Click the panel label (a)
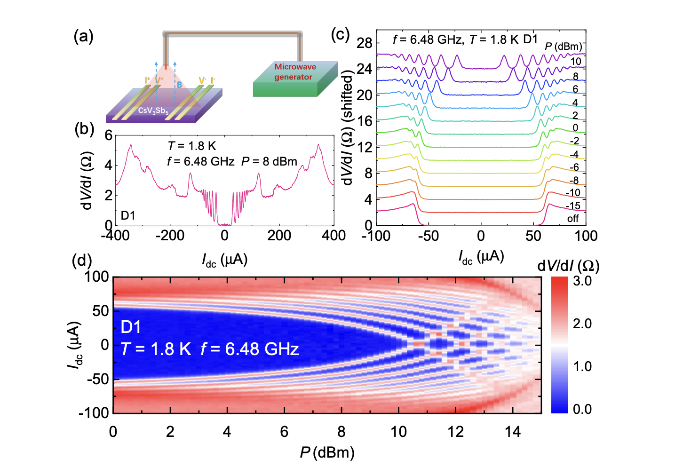click(x=83, y=36)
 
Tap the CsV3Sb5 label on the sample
click(x=153, y=111)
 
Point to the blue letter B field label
click(x=179, y=85)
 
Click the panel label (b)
click(x=84, y=129)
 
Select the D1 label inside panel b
click(x=128, y=215)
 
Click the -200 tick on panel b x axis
click(x=170, y=235)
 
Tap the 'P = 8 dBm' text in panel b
click(x=269, y=162)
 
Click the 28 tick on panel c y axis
click(x=365, y=43)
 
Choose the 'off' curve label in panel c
click(x=572, y=219)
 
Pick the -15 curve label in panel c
click(x=572, y=206)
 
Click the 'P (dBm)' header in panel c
click(x=563, y=46)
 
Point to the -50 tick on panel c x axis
click(x=428, y=236)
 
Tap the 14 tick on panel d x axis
click(x=513, y=431)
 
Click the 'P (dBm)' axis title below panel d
click(x=327, y=452)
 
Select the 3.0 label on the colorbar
click(x=582, y=281)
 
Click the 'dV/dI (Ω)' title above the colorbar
click(x=568, y=266)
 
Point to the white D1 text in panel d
click(x=131, y=327)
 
